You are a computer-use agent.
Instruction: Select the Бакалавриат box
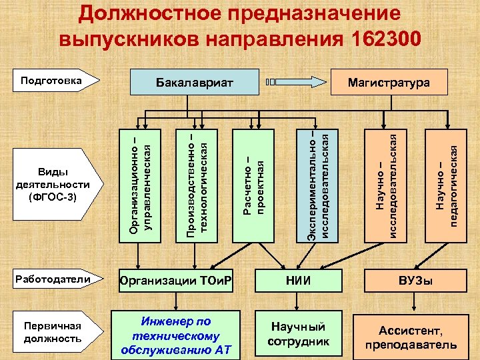[194, 83]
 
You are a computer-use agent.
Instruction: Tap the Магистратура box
[389, 83]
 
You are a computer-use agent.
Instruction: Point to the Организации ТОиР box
[176, 281]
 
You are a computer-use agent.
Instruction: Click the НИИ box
[298, 281]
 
